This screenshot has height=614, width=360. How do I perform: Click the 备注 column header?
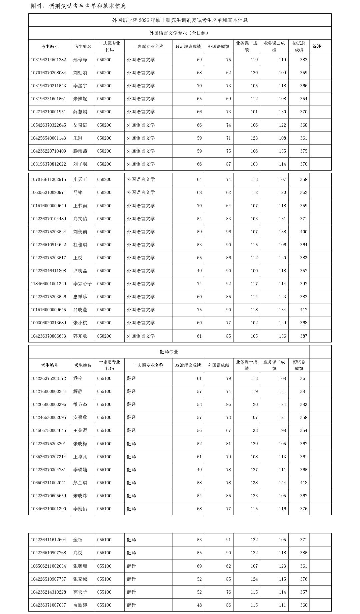(x=317, y=46)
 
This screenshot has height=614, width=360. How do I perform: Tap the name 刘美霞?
(x=80, y=232)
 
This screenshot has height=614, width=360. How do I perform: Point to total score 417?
(x=303, y=310)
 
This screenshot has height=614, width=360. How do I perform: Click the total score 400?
(x=303, y=232)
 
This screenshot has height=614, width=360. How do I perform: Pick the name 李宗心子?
(x=82, y=284)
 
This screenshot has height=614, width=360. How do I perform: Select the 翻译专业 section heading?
(x=169, y=352)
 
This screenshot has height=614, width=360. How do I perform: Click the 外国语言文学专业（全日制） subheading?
(x=179, y=33)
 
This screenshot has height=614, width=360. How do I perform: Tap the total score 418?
(x=303, y=483)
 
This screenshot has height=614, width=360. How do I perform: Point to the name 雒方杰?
(x=80, y=404)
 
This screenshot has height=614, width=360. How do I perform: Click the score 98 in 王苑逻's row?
(x=283, y=430)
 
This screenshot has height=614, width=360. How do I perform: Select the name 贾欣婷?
(x=80, y=605)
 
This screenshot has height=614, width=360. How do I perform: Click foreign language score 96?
(x=228, y=232)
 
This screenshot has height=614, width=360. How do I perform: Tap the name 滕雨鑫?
(x=80, y=151)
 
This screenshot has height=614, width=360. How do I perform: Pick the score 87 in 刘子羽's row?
(x=228, y=164)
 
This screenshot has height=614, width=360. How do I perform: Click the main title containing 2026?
(x=180, y=20)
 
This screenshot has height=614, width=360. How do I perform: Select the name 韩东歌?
(x=80, y=336)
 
